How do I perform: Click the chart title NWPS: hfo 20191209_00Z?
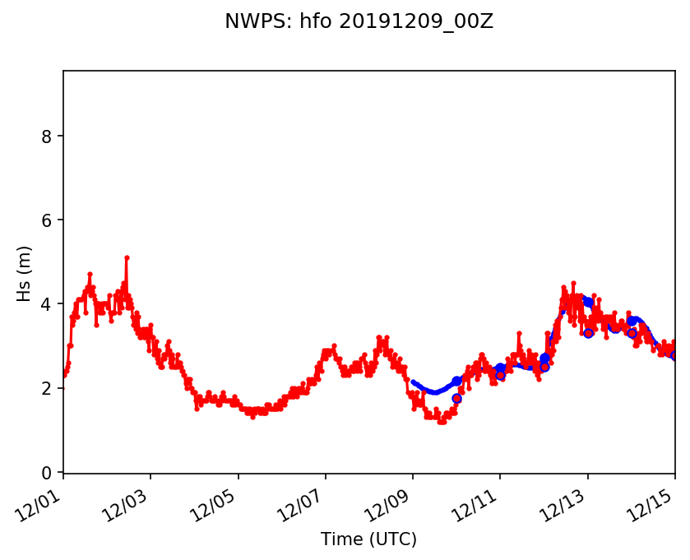[359, 22]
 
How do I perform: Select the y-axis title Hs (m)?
[25, 273]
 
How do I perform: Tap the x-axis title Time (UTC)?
[368, 539]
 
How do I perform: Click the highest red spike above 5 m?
[127, 257]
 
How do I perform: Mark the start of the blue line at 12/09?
[413, 382]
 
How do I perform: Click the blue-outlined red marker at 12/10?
[456, 398]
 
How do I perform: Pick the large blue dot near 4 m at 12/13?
[588, 303]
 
